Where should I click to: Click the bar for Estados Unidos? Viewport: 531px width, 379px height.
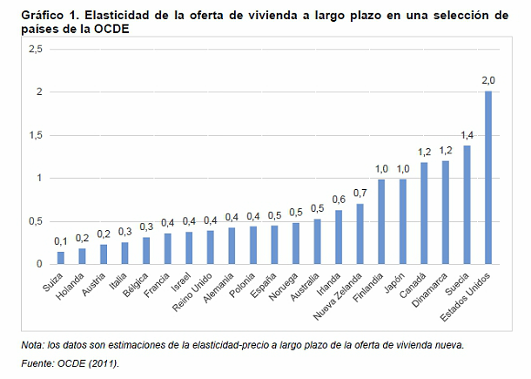pos(488,178)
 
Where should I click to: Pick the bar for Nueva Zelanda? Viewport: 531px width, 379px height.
pos(360,234)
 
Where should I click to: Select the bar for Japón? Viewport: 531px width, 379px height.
pos(402,221)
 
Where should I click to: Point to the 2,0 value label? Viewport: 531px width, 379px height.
pos(488,81)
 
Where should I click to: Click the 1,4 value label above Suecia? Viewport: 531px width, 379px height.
pos(467,135)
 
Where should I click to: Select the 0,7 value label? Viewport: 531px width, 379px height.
pos(360,193)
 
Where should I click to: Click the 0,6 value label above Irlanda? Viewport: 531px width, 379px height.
pos(339,200)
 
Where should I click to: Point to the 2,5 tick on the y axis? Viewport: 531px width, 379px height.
pos(36,50)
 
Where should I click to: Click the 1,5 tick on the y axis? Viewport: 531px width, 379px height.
pos(36,135)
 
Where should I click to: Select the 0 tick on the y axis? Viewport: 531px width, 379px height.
pos(40,264)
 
